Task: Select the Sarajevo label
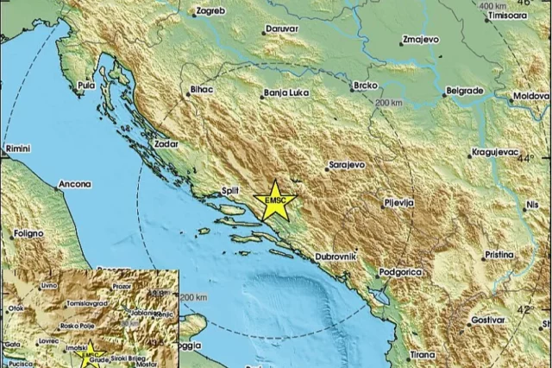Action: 348,164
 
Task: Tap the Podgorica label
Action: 402,272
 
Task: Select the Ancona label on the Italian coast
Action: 74,185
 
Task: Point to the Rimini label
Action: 18,149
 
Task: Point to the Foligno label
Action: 27,233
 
